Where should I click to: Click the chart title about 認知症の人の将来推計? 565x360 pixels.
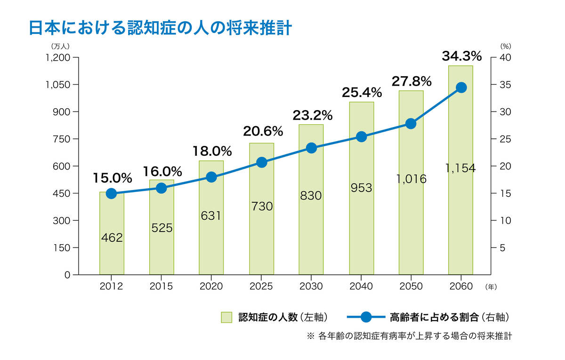point(161,28)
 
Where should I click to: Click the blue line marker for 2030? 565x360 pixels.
point(311,148)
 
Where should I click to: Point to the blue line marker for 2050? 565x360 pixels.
point(411,124)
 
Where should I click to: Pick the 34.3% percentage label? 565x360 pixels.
point(461,56)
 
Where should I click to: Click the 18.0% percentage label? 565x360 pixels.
point(212,152)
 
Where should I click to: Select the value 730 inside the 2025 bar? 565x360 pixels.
point(261,206)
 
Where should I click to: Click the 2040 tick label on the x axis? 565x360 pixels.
point(361,286)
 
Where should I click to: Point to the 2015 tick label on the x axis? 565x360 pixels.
point(161,286)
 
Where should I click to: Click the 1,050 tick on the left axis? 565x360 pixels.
point(58,85)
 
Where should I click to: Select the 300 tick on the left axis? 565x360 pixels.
point(62,220)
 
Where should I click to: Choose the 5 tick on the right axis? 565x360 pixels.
point(502,248)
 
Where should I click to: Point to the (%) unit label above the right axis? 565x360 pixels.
point(505,47)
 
